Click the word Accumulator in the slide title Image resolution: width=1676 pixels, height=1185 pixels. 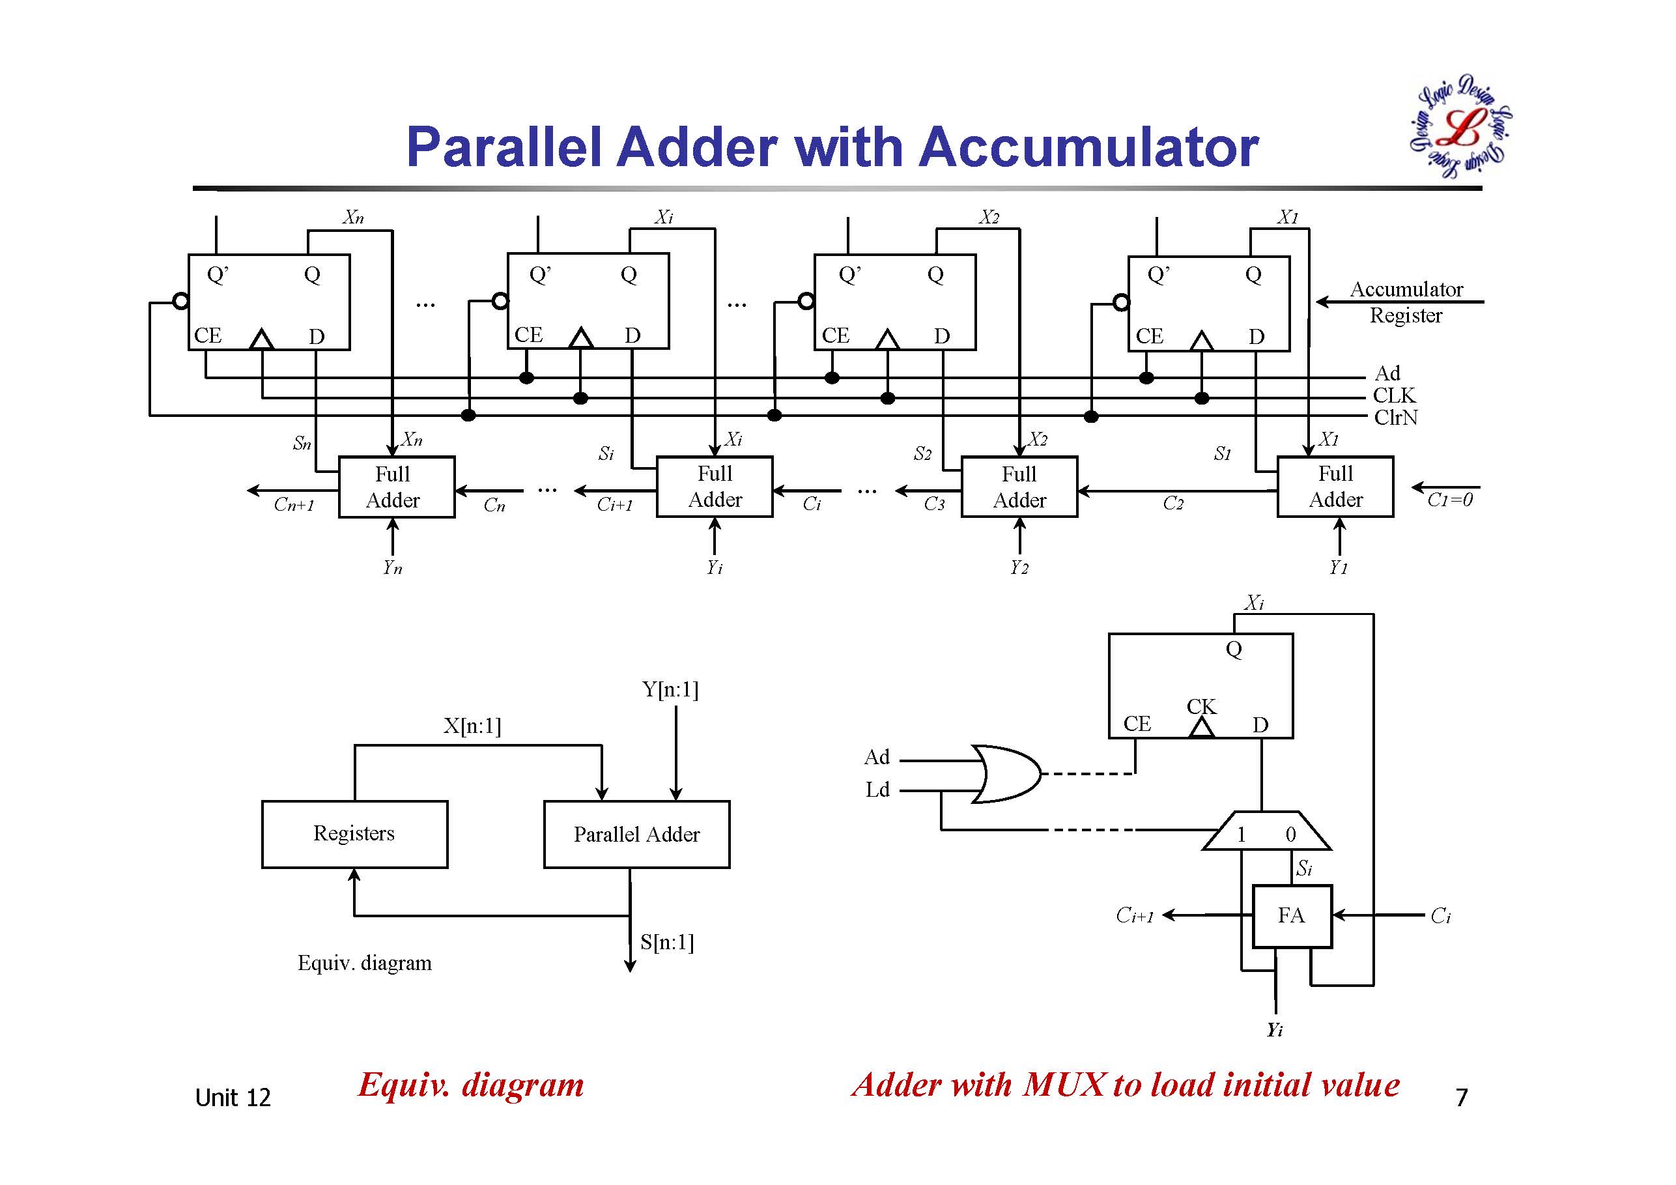(1088, 147)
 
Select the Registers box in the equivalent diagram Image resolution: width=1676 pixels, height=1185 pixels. (354, 834)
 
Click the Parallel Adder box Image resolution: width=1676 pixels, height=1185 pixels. (636, 834)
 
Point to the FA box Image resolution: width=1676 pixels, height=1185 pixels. (1291, 915)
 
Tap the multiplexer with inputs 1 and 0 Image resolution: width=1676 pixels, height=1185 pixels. (1266, 832)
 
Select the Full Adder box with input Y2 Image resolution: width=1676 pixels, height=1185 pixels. (1019, 487)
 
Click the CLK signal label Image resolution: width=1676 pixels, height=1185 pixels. (1393, 395)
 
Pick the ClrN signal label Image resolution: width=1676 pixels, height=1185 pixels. (1395, 418)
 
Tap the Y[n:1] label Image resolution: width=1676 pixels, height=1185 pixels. (670, 689)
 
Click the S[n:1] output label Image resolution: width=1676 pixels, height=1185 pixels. (666, 942)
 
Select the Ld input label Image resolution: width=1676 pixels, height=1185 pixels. (877, 790)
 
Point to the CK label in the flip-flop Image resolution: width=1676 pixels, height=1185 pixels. (1200, 706)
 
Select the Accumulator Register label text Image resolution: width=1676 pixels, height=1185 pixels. (1406, 302)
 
